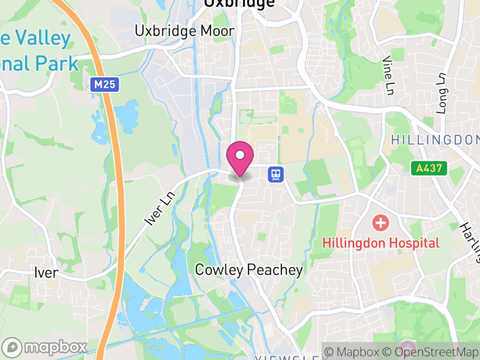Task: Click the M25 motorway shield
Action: [104, 85]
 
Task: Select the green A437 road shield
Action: [430, 169]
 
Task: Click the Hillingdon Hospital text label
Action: [381, 243]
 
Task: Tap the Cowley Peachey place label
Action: [249, 270]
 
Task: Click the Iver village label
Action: [46, 273]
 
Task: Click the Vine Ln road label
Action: [388, 70]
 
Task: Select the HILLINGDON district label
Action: [435, 140]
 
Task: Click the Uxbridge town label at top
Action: [239, 4]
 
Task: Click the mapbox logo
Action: [45, 347]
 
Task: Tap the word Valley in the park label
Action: [41, 38]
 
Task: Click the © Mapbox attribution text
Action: [353, 351]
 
